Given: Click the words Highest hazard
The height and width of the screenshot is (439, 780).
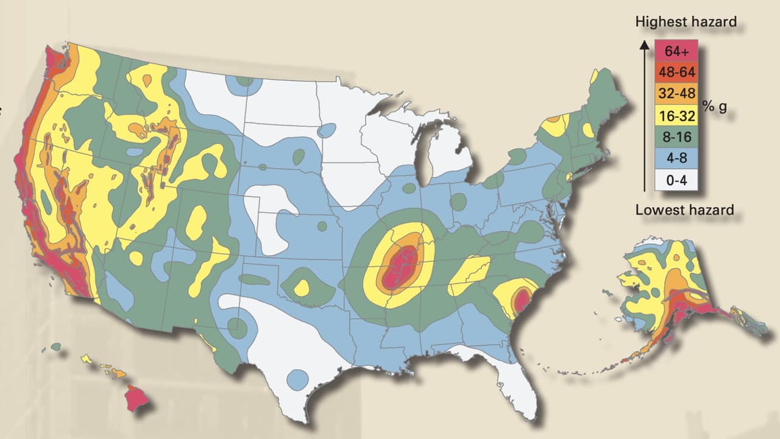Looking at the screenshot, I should click(686, 22).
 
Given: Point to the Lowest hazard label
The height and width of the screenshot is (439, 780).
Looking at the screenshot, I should click(684, 210).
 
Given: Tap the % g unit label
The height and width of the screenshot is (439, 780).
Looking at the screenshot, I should click(714, 106).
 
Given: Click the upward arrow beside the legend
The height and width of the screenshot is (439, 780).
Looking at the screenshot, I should click(643, 116).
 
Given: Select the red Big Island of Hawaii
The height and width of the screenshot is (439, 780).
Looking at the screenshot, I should click(137, 398).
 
